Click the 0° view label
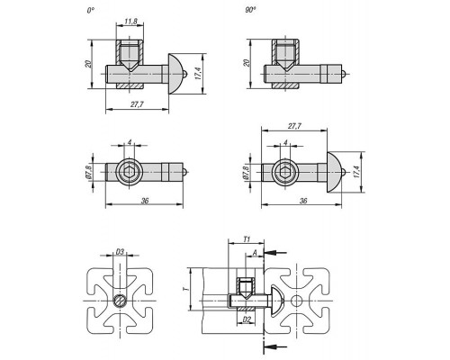(91, 11)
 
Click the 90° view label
(250, 10)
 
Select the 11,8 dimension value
(130, 22)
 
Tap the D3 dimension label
(120, 252)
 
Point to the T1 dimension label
(247, 239)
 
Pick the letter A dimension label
(255, 253)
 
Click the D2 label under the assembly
(247, 319)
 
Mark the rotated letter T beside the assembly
(186, 289)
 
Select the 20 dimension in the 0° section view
(88, 64)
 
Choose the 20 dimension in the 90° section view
(247, 63)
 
